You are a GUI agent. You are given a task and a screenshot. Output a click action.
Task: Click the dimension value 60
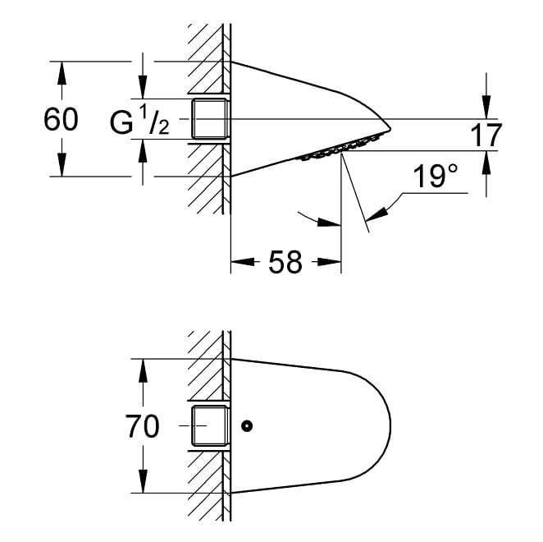[x=61, y=119]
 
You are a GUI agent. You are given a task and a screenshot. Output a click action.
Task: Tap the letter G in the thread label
[x=121, y=122]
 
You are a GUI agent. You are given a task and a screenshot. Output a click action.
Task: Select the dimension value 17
[x=486, y=135]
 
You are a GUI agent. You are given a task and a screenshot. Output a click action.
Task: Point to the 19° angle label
[x=436, y=177]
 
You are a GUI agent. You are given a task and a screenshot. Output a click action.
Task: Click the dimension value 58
[x=285, y=262]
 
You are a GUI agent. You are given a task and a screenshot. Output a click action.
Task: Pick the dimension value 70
[x=143, y=426]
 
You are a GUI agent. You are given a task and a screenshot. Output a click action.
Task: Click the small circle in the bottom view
[x=247, y=425]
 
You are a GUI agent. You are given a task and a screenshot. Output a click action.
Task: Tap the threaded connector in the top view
[x=210, y=119]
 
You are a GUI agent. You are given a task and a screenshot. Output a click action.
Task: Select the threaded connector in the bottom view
[x=210, y=425]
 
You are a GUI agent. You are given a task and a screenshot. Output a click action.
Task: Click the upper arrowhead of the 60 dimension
[x=62, y=73]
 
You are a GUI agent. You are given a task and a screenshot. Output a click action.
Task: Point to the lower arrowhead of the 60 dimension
[x=62, y=165]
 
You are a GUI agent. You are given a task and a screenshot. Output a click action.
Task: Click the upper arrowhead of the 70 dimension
[x=143, y=370]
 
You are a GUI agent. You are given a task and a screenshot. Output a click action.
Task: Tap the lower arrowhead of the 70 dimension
[x=143, y=481]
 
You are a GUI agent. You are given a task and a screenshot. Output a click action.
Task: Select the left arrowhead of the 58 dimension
[x=243, y=262]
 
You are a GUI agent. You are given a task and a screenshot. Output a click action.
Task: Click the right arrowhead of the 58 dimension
[x=330, y=262]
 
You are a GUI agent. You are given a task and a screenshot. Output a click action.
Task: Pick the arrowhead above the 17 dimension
[x=486, y=108]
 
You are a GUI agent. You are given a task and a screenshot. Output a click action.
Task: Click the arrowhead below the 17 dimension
[x=486, y=163]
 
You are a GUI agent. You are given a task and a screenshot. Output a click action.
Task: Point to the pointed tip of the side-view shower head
[x=390, y=129]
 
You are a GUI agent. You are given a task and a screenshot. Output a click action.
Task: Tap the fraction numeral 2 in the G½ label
[x=163, y=128]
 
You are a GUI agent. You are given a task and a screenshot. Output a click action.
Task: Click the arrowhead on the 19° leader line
[x=376, y=214]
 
